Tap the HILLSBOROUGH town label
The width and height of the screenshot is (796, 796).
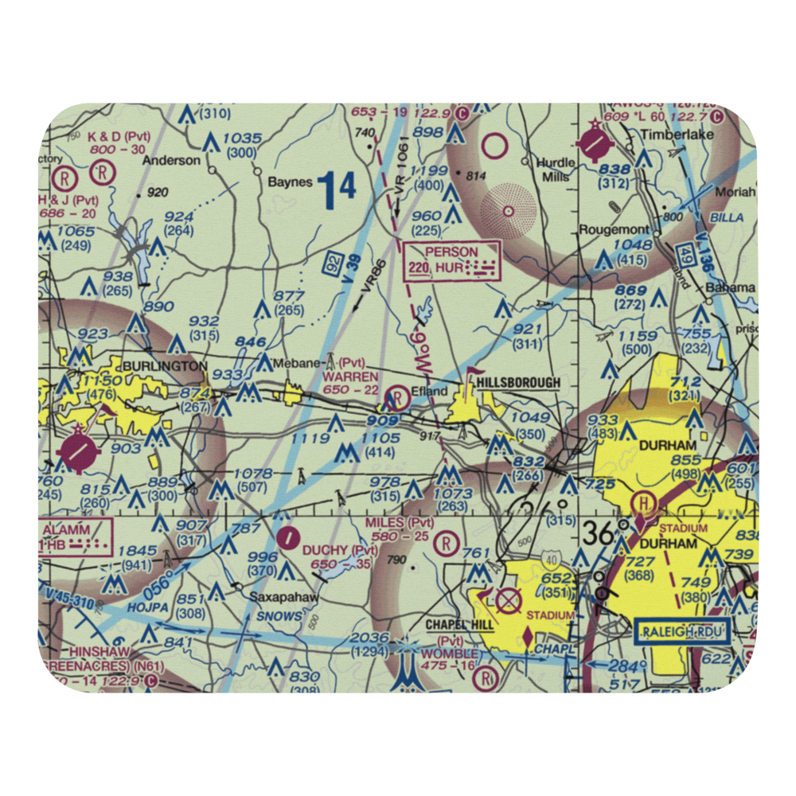tap(518, 384)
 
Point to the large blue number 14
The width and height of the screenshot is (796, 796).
tap(336, 188)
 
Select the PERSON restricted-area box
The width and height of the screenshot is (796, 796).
tap(453, 259)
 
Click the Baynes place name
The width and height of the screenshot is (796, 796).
tap(290, 181)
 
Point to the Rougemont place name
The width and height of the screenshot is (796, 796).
tap(625, 230)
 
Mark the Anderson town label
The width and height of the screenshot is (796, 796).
tap(171, 160)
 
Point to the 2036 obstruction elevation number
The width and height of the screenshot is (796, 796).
tap(369, 638)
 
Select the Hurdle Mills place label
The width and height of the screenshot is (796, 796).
tap(555, 169)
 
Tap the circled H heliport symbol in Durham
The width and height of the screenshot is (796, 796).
tap(642, 503)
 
